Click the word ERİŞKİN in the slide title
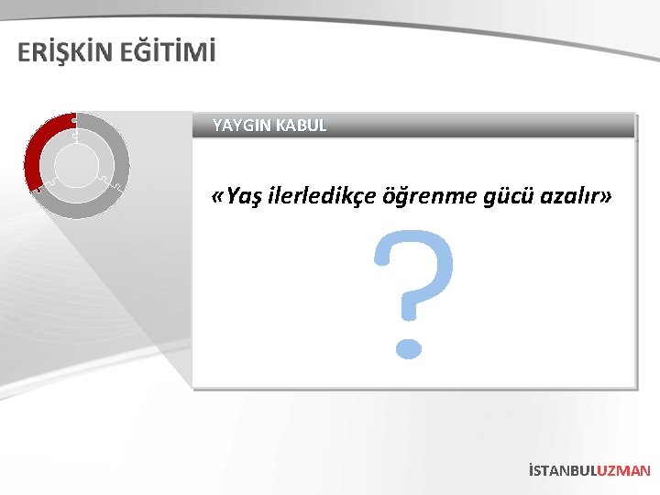tap(65, 53)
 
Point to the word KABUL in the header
tap(299, 126)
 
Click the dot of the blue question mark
tap(410, 347)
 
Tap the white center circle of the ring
tap(77, 166)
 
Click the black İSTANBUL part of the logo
tap(562, 470)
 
